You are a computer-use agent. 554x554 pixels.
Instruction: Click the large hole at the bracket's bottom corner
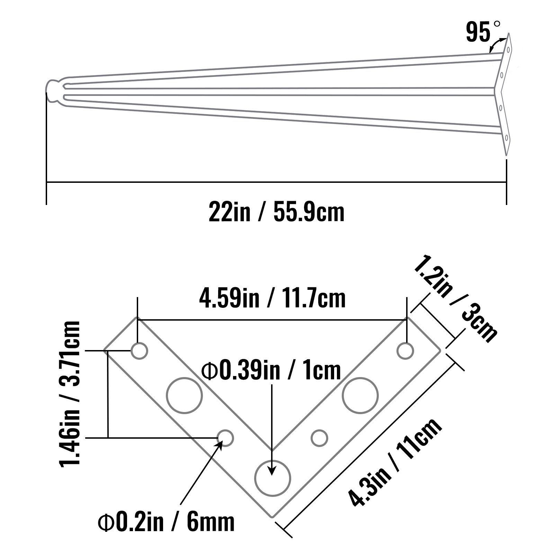pos(272,479)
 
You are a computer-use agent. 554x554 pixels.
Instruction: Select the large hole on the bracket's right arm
pos(360,395)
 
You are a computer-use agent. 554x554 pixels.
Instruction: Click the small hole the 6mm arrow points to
pos(225,438)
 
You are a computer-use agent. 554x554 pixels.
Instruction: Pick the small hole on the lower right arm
pos(319,438)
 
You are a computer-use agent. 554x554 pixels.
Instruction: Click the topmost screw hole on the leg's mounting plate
pos(508,50)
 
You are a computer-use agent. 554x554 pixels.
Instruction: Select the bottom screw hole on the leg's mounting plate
pos(506,138)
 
